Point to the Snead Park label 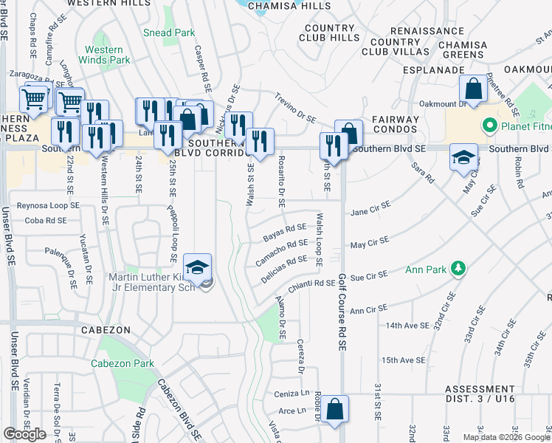click(x=169, y=32)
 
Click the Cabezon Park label click(x=123, y=363)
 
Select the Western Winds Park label click(x=103, y=55)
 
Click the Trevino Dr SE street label click(x=295, y=108)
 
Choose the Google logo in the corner click(x=24, y=434)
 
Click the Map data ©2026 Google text click(x=507, y=437)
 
